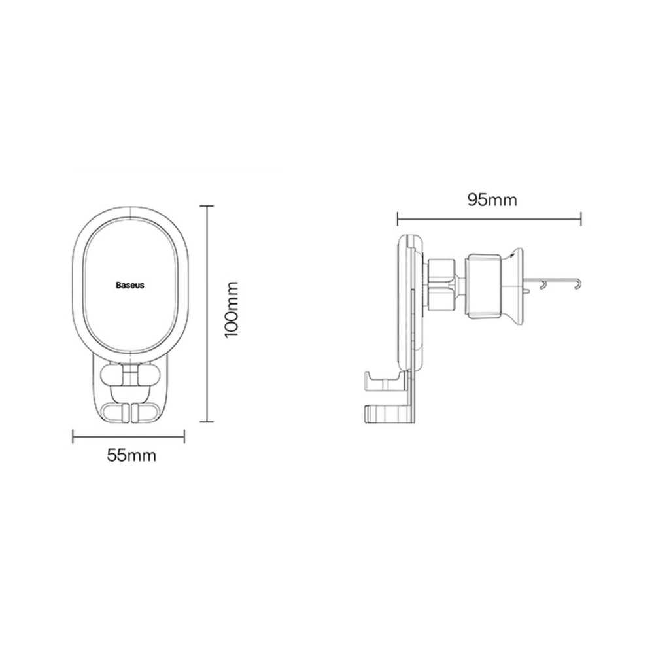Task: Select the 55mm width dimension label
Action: click(131, 456)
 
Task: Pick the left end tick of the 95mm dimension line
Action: click(398, 218)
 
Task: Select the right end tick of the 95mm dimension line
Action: click(581, 218)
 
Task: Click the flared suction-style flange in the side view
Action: click(515, 286)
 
